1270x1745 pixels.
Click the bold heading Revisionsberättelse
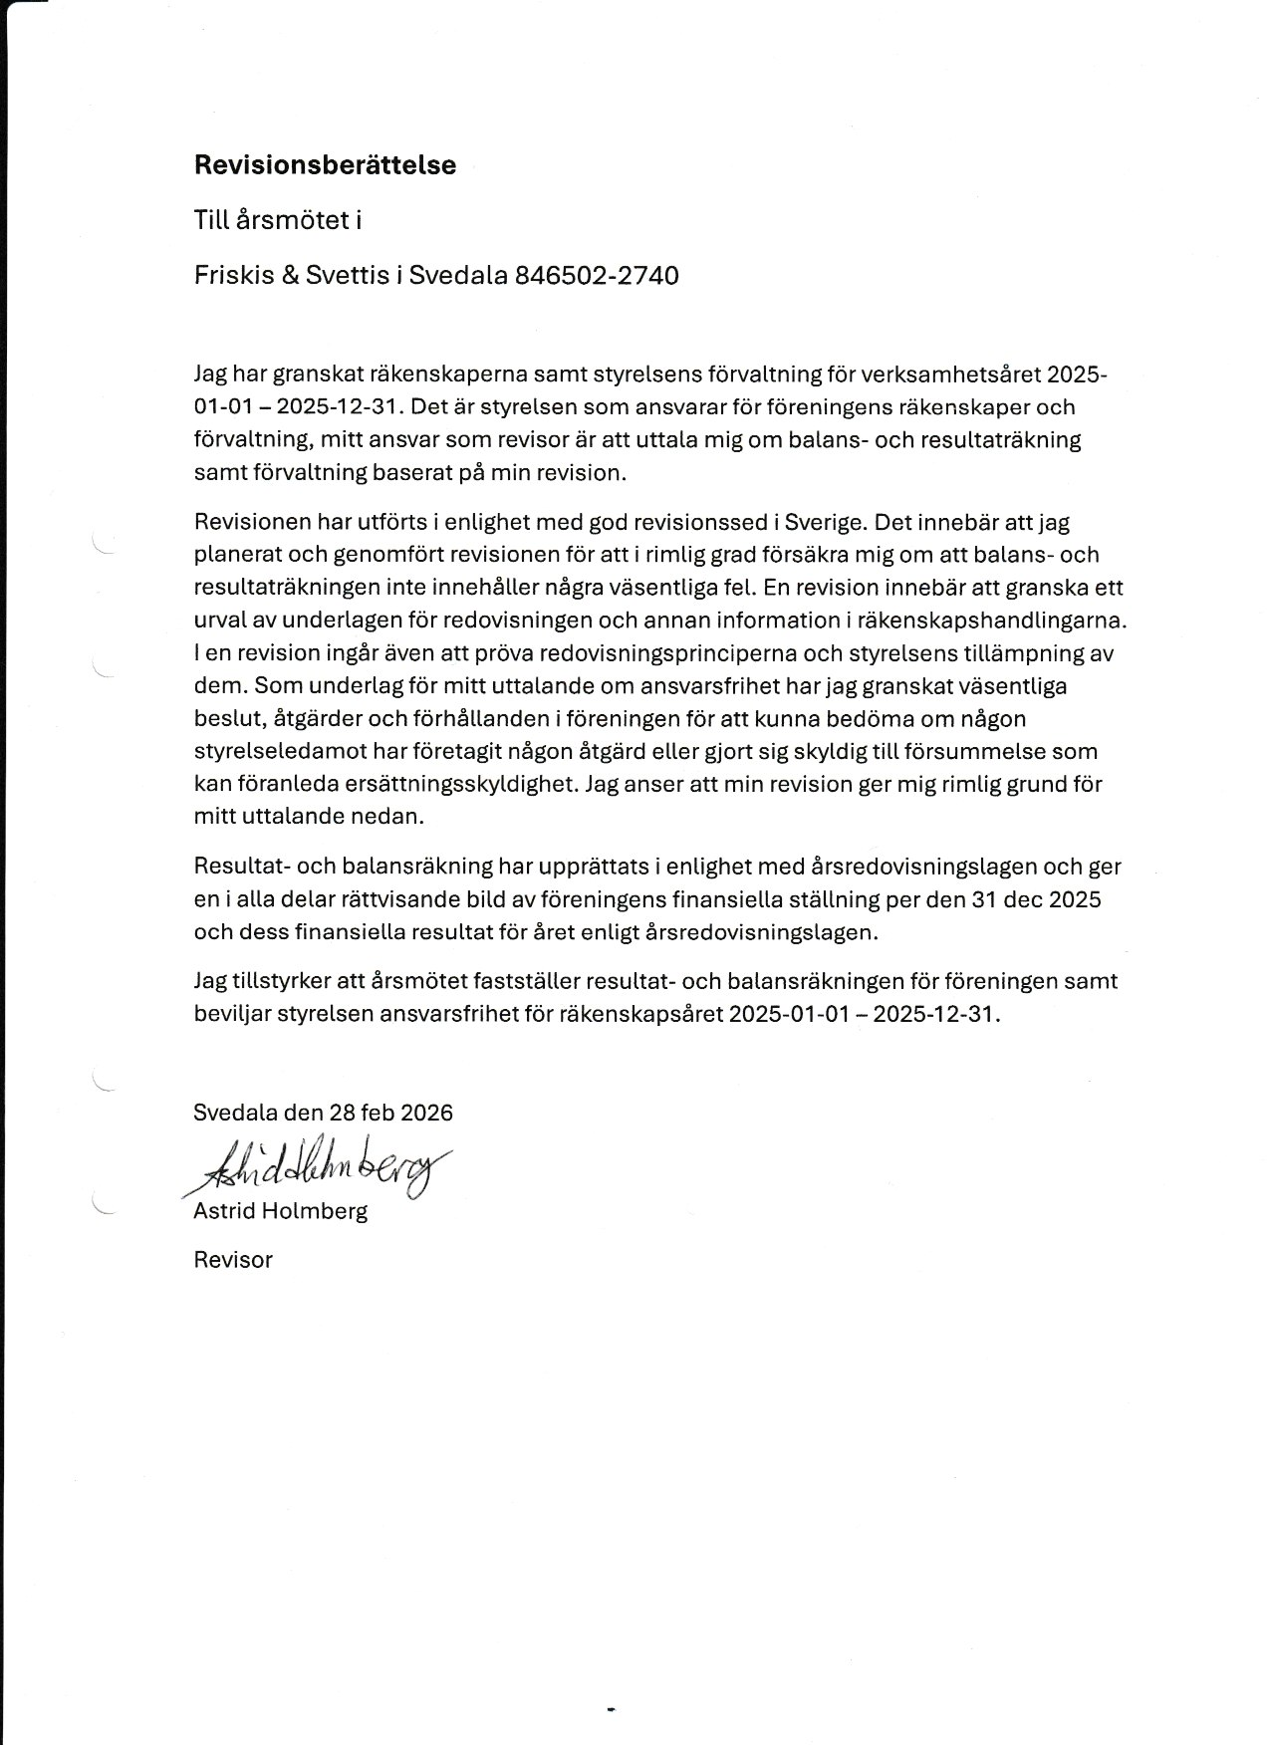[325, 165]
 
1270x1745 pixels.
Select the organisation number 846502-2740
[597, 275]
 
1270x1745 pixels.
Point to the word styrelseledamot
[268, 751]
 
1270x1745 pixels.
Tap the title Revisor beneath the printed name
[233, 1260]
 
